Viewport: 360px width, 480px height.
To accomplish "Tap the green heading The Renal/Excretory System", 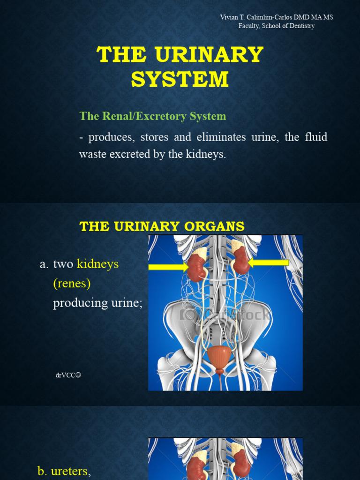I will coord(153,116).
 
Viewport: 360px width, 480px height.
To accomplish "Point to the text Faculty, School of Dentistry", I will coord(277,26).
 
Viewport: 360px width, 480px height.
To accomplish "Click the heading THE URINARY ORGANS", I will coord(162,226).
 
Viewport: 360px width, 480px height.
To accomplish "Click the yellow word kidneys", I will coord(98,264).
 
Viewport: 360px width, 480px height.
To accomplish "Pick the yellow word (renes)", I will coord(72,284).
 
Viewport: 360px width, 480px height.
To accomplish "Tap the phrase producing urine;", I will coord(97,303).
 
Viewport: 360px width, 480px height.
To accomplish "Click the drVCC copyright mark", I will coord(68,375).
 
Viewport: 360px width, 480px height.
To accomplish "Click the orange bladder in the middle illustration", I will coord(219,357).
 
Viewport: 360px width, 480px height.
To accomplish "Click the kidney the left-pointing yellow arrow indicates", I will coord(240,261).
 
